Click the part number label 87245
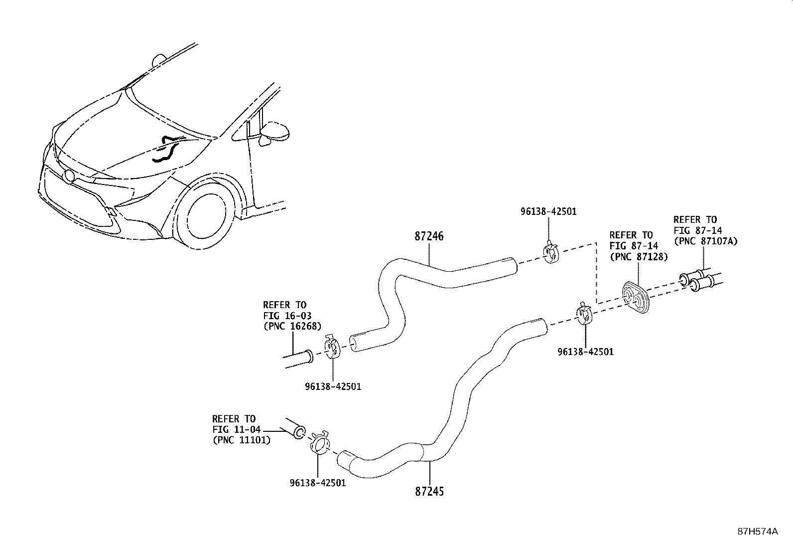(429, 491)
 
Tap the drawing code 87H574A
(757, 532)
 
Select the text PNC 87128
(638, 256)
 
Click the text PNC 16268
(292, 326)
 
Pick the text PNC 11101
(241, 440)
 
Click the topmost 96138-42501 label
(548, 211)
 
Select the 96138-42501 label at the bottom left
(317, 483)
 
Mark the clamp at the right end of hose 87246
(550, 253)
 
